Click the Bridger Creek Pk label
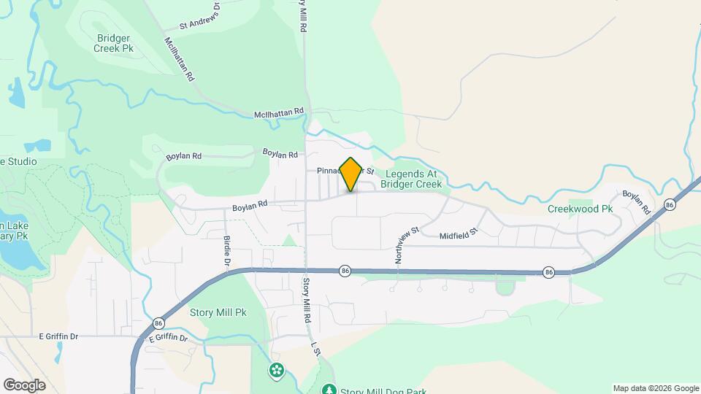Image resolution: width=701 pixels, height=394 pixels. click(x=113, y=42)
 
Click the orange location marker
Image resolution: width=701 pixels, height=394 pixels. click(x=350, y=174)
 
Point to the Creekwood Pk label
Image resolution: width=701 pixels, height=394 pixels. click(x=580, y=209)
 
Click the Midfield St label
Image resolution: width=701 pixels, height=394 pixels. click(x=458, y=233)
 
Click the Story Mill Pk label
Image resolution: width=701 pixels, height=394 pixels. click(x=218, y=312)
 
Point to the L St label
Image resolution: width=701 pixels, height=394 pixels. click(x=315, y=349)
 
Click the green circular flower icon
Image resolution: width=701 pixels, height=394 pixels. click(x=276, y=371)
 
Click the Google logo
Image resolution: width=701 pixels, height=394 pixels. click(x=24, y=385)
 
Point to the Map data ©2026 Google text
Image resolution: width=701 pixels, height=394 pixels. click(x=656, y=388)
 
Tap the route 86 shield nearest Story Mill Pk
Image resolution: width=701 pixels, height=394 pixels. click(x=158, y=322)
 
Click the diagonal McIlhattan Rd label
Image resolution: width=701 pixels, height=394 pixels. click(x=180, y=58)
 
